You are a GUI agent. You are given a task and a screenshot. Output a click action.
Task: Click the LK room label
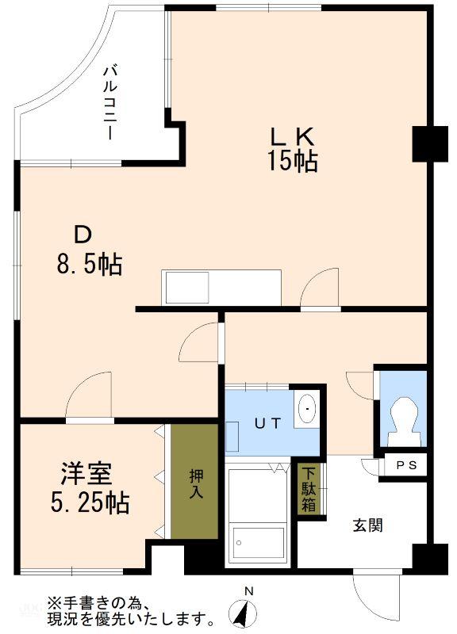(292, 136)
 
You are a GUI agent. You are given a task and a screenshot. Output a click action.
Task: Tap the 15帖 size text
(292, 162)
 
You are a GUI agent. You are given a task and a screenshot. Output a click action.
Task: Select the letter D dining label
(83, 235)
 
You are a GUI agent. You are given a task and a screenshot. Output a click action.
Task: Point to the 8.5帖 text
(89, 265)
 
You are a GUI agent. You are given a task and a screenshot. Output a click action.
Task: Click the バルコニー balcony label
(110, 103)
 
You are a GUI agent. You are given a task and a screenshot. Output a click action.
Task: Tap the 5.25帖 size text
(90, 502)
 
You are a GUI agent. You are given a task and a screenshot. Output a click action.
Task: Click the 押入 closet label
(196, 483)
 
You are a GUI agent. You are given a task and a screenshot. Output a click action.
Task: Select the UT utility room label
(267, 423)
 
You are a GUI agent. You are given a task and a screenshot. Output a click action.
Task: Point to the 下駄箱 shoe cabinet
(309, 489)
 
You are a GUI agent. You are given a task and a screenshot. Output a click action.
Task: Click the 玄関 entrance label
(368, 525)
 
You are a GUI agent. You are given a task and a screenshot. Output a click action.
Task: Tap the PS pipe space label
(406, 465)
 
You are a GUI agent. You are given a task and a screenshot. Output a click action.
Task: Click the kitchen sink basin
(187, 287)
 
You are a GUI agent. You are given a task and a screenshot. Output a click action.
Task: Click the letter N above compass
(249, 591)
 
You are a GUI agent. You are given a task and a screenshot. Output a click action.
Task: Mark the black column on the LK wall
(430, 144)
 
